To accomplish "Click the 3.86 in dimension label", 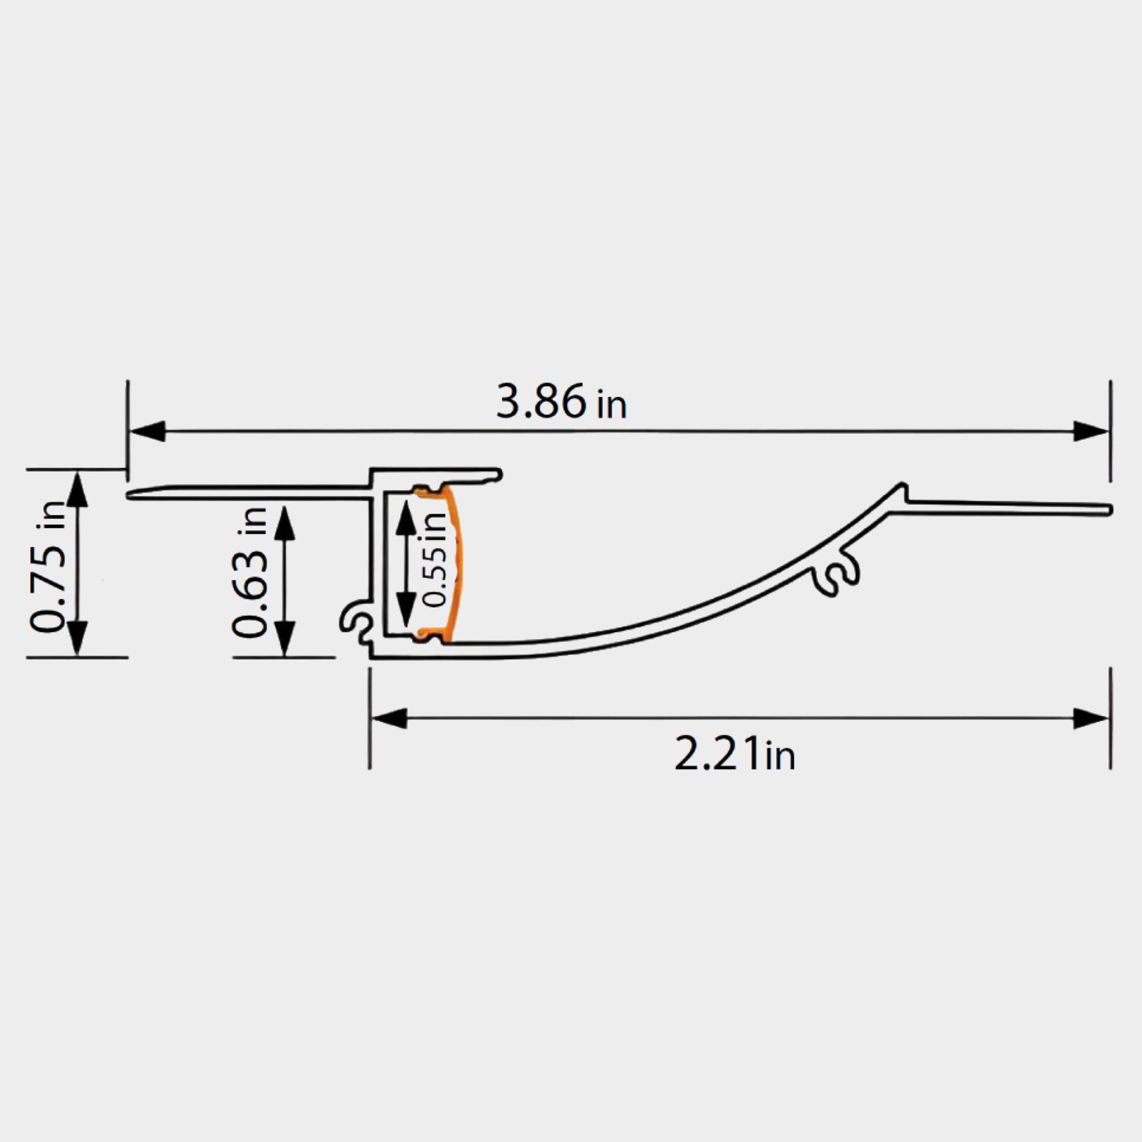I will coord(560,403).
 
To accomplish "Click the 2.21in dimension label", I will coord(734,754).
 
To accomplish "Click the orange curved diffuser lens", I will coord(456,562).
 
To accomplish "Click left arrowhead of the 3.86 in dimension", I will coord(147,432).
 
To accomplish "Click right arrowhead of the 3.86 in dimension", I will coord(1090,432).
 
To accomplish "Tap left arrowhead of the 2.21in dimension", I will coord(389,718).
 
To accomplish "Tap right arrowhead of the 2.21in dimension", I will coord(1090,718).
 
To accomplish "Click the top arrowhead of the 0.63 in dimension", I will coord(285,523).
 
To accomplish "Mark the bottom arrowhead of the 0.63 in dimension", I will coord(285,638).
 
